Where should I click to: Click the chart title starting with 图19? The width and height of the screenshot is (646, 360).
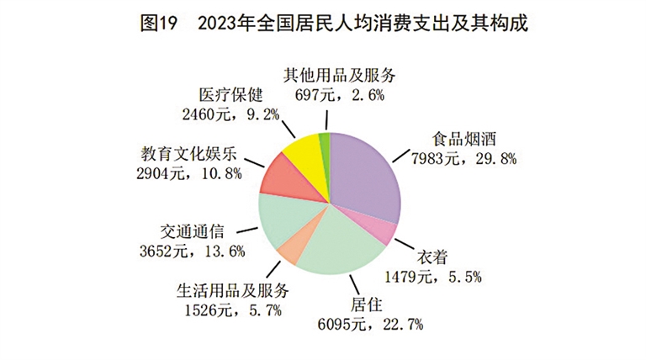[x=323, y=24]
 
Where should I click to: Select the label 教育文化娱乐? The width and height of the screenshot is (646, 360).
[x=190, y=156]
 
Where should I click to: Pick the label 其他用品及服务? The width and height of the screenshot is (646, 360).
[x=341, y=76]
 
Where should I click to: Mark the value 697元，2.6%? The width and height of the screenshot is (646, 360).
[x=339, y=94]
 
